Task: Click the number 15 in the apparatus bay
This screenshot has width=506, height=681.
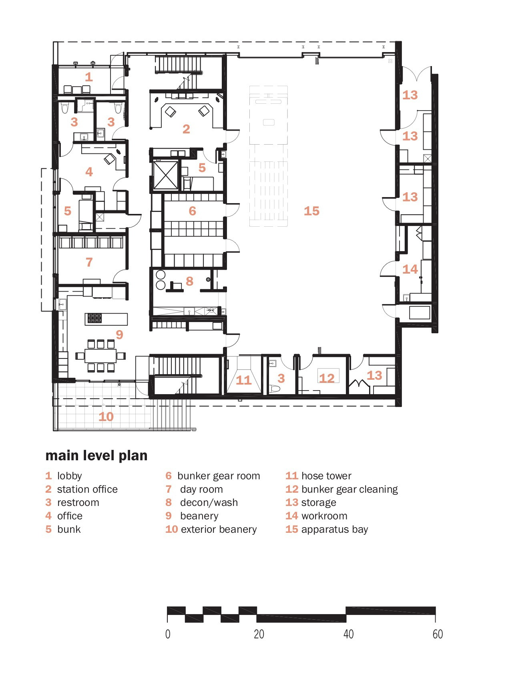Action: [311, 211]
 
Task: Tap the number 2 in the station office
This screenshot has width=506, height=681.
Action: [186, 129]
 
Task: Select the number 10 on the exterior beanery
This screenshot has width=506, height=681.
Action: [106, 417]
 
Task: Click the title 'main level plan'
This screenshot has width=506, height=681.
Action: [96, 455]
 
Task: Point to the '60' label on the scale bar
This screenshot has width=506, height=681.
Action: [438, 634]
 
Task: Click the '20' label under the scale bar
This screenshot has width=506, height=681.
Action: [259, 634]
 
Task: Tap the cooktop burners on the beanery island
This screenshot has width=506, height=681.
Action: [95, 318]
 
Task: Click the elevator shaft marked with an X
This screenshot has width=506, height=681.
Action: [166, 175]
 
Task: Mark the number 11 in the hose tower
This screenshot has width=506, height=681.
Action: [243, 380]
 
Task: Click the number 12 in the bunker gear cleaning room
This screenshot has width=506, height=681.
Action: [327, 378]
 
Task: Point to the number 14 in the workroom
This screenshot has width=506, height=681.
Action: [410, 269]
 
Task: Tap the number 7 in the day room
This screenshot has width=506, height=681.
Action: [89, 262]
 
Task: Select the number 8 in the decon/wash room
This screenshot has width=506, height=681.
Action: [190, 281]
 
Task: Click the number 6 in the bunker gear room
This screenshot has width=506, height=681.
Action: [193, 211]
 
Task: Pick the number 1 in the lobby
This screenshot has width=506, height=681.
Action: [89, 77]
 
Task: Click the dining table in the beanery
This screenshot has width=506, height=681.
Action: [100, 356]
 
